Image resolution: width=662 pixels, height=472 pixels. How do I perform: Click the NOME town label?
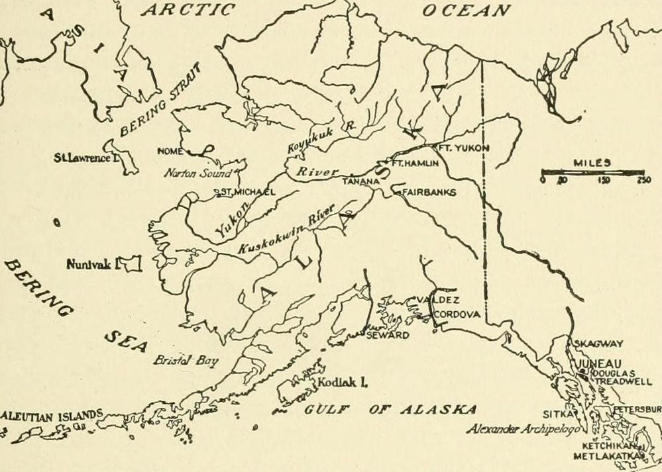[x=170, y=151]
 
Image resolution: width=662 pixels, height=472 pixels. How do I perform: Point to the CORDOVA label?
[x=457, y=315]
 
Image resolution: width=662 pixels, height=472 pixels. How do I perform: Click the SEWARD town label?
[x=388, y=336]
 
